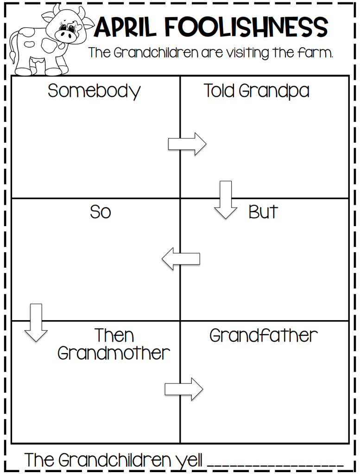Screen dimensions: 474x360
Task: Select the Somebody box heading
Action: click(x=94, y=91)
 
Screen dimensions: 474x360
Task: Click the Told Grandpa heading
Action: click(x=256, y=91)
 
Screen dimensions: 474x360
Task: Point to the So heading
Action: click(x=101, y=212)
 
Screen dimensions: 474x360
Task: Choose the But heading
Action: click(x=263, y=212)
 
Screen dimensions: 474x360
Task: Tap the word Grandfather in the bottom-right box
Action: click(x=264, y=335)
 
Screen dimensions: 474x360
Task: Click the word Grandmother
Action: click(x=114, y=354)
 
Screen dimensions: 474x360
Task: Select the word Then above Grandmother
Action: click(x=114, y=335)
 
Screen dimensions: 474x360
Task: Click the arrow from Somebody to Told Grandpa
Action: click(x=187, y=144)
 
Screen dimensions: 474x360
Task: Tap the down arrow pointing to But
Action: click(x=226, y=199)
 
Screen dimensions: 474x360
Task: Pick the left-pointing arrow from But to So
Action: click(x=181, y=259)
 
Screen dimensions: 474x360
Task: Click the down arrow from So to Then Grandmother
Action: click(x=36, y=322)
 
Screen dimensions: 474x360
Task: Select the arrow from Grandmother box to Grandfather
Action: click(x=184, y=389)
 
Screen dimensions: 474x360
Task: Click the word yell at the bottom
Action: click(x=189, y=460)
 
